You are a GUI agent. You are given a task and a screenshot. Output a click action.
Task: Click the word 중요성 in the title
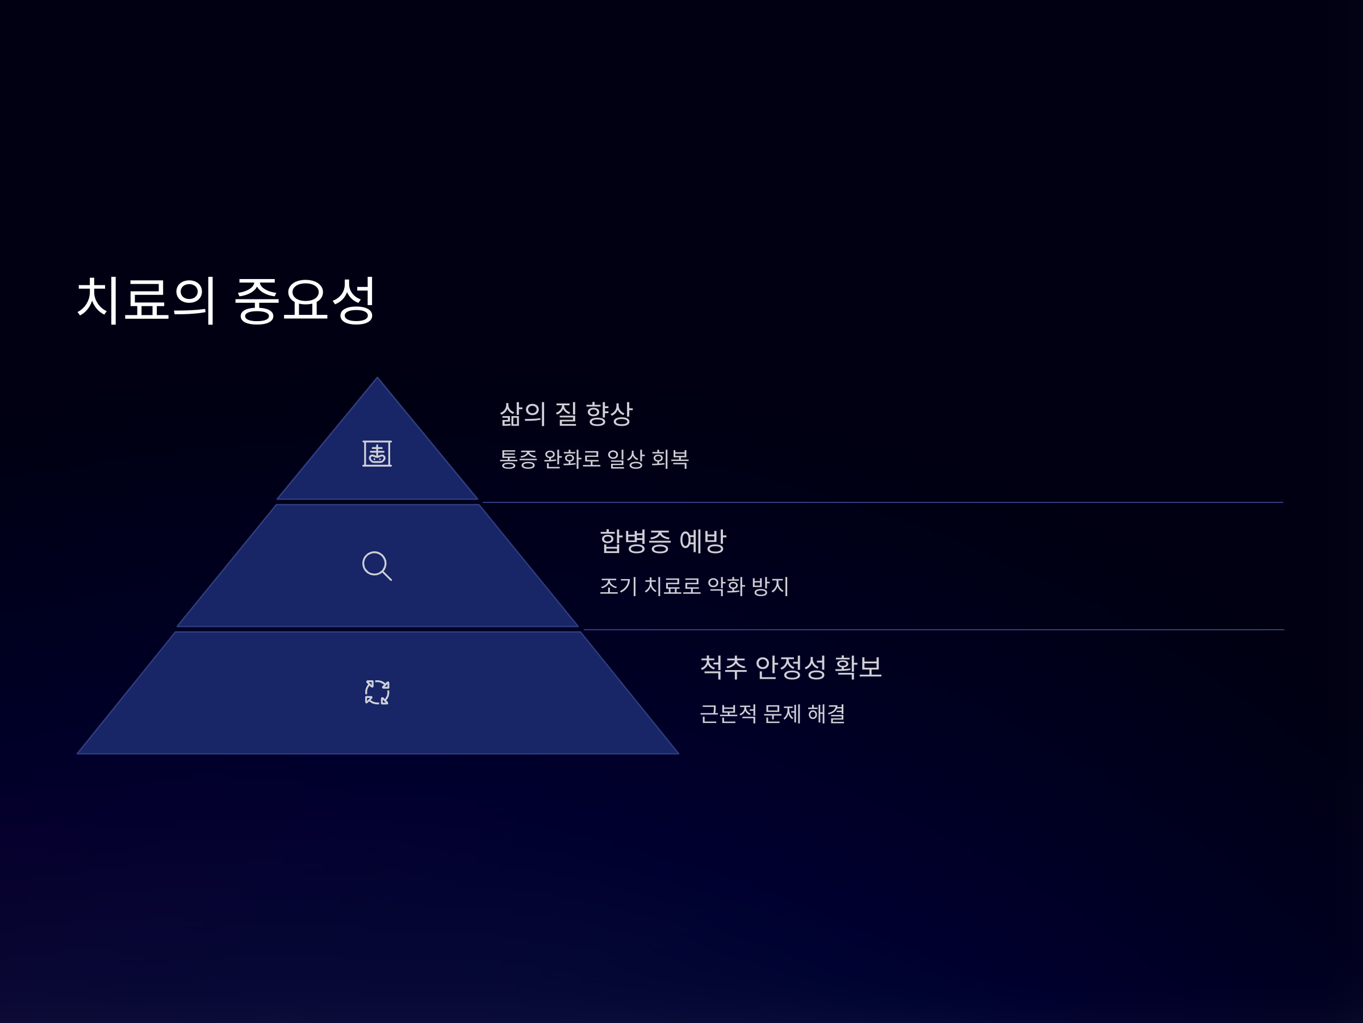pos(304,300)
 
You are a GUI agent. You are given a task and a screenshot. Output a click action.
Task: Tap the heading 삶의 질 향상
pos(566,414)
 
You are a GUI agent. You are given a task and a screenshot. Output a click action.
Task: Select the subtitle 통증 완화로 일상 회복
pos(593,459)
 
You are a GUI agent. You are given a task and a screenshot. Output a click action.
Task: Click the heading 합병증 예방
pos(663,541)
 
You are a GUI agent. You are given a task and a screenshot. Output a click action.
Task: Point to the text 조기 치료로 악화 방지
pos(694,586)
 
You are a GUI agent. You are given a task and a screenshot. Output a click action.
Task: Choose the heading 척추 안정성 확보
pos(791,667)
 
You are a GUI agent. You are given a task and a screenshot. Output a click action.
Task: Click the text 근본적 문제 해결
pos(772,713)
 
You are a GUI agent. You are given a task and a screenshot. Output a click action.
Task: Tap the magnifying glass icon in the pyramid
pos(377,566)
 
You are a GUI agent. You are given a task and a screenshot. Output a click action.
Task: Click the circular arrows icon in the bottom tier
pos(377,692)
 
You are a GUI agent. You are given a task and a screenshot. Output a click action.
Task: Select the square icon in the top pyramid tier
pos(377,454)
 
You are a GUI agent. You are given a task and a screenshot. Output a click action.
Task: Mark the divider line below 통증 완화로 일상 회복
pos(881,502)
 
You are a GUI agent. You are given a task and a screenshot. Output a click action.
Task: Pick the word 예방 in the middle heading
pos(703,541)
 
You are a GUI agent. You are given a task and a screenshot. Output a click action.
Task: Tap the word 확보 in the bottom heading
pos(858,667)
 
